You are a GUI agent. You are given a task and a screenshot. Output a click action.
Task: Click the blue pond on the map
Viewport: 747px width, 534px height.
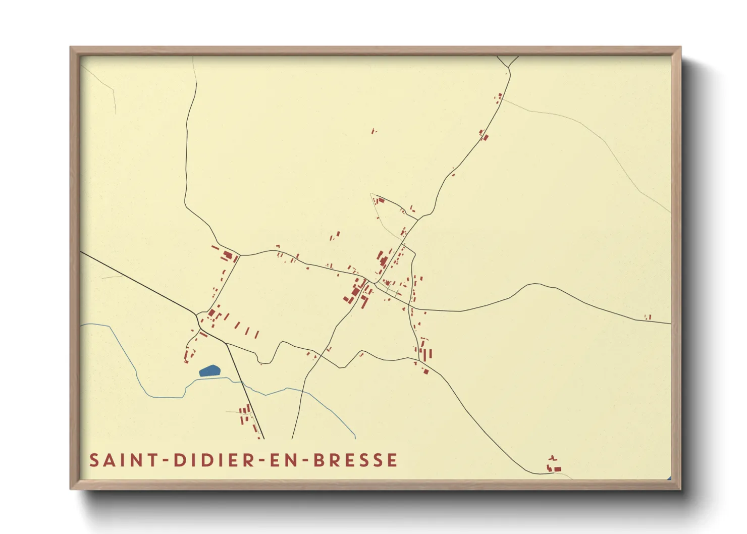pyautogui.click(x=210, y=371)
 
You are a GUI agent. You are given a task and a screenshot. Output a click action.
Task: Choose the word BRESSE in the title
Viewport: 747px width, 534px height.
pyautogui.click(x=355, y=460)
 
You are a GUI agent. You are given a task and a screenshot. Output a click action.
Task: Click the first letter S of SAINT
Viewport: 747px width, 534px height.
pyautogui.click(x=94, y=460)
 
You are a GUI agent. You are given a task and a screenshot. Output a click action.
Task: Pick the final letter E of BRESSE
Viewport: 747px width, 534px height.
pyautogui.click(x=392, y=460)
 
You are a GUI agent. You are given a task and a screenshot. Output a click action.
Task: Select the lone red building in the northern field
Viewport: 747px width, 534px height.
pyautogui.click(x=373, y=131)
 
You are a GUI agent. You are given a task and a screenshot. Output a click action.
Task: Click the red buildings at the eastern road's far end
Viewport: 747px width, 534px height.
pyautogui.click(x=648, y=317)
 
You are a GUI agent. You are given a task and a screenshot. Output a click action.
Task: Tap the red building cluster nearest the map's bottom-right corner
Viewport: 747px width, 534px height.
pyautogui.click(x=554, y=466)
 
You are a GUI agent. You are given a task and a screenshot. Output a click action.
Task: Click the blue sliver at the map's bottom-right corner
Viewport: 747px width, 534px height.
pyautogui.click(x=669, y=477)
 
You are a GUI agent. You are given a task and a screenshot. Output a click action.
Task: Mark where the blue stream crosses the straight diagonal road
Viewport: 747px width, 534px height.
pyautogui.click(x=243, y=383)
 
